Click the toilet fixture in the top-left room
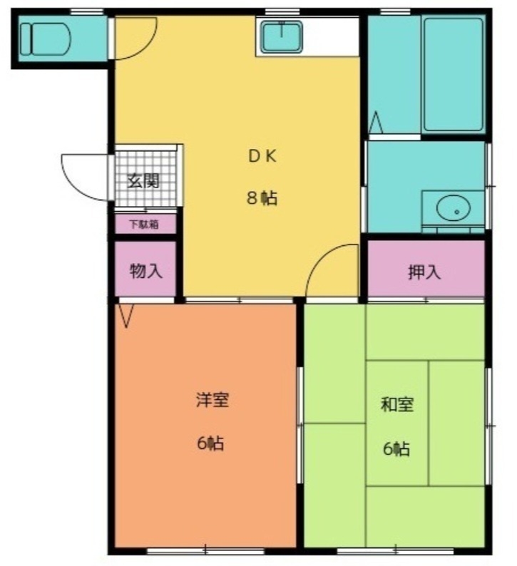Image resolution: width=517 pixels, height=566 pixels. (x=44, y=39)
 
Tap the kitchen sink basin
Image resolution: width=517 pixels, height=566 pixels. (x=282, y=37)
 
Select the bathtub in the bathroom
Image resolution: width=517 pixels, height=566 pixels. (x=454, y=75)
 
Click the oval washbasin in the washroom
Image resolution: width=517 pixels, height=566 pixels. (x=454, y=208)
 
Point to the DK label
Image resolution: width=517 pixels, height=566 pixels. (x=262, y=156)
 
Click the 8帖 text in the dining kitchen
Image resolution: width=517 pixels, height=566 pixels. (x=262, y=197)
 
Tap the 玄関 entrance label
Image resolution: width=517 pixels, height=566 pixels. (x=143, y=181)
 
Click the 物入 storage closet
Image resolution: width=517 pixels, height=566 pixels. (x=145, y=269)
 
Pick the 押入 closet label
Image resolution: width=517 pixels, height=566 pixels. (x=424, y=272)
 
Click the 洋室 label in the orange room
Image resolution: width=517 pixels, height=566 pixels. (x=213, y=400)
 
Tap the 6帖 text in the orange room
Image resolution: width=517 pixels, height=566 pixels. (x=210, y=443)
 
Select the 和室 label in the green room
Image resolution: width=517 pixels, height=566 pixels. (x=397, y=404)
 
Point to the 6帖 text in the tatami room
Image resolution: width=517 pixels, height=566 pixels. (x=396, y=448)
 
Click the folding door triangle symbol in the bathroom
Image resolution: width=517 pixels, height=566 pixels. (x=376, y=123)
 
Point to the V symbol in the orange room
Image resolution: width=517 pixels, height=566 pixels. (x=126, y=316)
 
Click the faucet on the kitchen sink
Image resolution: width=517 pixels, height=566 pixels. (x=282, y=29)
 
